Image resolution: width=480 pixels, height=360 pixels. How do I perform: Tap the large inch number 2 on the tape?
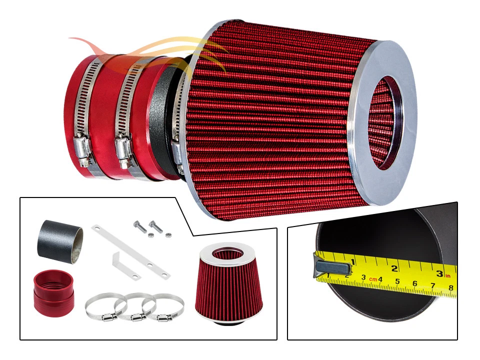coord(394,268)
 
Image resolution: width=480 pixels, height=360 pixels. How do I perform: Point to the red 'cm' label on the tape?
coord(372,279)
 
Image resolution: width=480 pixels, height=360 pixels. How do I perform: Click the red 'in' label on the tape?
coord(448,275)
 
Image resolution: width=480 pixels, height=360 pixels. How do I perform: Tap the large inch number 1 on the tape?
coord(352,262)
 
